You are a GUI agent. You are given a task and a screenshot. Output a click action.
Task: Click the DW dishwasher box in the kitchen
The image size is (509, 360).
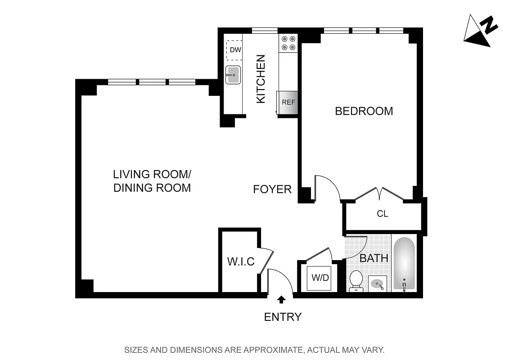(235, 50)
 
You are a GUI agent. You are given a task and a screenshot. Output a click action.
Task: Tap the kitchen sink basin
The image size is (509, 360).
(233, 75)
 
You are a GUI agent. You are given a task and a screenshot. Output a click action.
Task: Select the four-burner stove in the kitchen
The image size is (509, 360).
(288, 43)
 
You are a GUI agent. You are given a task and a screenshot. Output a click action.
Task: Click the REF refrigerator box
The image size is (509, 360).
(288, 102)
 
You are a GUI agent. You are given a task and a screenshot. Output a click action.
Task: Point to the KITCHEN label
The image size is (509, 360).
(261, 79)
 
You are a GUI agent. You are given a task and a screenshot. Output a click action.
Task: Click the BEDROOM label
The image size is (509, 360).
(364, 111)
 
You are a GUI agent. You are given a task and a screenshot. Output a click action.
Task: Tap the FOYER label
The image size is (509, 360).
(272, 189)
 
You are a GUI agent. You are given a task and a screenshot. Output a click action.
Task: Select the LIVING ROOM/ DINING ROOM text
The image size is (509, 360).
(152, 181)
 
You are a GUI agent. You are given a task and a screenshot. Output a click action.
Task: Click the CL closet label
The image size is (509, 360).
(382, 214)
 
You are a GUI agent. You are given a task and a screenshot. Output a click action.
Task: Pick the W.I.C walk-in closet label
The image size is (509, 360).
(241, 261)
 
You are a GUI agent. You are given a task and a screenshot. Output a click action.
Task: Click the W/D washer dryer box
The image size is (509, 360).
(320, 278)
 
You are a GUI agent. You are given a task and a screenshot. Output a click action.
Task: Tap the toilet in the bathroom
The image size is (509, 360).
(356, 280)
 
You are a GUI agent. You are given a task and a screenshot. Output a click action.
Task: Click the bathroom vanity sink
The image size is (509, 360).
(377, 284)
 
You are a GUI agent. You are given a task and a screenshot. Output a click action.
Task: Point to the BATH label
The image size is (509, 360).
(374, 258)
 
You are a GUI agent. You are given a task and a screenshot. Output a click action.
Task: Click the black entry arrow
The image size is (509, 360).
(282, 299)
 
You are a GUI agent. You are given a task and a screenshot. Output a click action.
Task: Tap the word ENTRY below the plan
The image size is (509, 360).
(283, 317)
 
